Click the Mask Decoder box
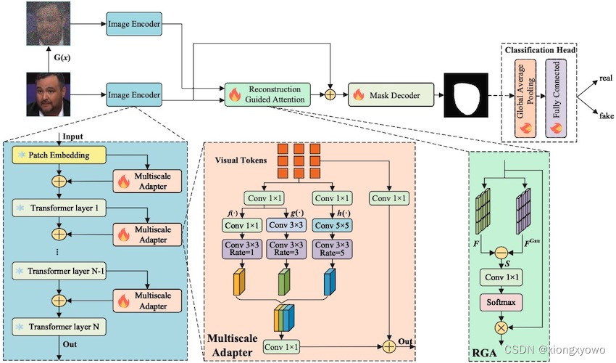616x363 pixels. click(x=392, y=94)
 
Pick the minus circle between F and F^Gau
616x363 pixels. click(x=500, y=252)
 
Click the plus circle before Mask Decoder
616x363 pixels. click(x=332, y=94)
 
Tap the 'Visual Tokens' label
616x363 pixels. click(x=241, y=159)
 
